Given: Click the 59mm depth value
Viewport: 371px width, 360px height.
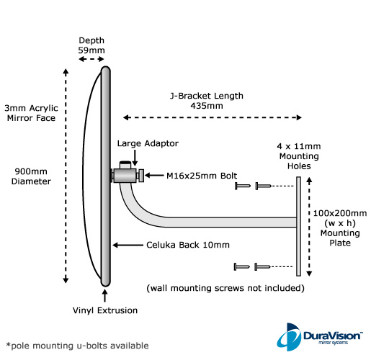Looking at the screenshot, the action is tap(91, 50).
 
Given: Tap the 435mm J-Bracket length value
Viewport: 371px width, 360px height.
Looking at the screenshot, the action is tap(207, 106).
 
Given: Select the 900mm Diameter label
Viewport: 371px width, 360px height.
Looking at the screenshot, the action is tap(31, 176).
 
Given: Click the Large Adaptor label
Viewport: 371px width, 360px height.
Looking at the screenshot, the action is tap(148, 143).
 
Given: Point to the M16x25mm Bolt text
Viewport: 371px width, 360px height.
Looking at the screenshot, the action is tap(202, 176).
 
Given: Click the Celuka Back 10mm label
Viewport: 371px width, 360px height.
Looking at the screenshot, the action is tap(188, 245).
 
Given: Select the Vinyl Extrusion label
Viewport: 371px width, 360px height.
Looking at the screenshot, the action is tap(105, 310).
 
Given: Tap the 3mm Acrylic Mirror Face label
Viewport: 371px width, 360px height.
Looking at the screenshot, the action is tap(31, 113).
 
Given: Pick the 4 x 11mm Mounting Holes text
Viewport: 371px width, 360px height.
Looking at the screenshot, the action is tap(299, 156).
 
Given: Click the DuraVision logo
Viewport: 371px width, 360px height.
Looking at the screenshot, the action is tap(320, 337).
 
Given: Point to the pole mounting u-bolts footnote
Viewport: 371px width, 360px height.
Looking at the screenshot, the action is tap(77, 346).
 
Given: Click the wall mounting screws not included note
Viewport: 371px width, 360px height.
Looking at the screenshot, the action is tap(225, 288).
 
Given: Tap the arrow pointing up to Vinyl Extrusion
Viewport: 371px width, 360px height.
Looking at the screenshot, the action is tap(104, 296).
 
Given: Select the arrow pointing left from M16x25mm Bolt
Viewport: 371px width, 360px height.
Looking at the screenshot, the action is tap(154, 176).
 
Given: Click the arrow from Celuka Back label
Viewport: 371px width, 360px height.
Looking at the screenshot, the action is tap(128, 245).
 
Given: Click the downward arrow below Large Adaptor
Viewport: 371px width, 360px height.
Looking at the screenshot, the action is tap(135, 158).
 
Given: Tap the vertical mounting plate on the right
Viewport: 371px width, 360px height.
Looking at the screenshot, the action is tap(298, 226).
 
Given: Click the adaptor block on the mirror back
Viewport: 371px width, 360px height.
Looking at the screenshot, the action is tap(125, 176).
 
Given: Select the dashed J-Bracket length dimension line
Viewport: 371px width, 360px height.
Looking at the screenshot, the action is tap(213, 117).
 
